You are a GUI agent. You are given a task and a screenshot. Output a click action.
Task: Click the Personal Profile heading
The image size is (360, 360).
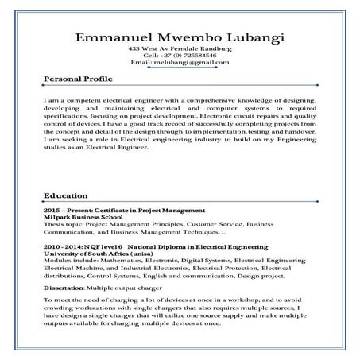pos(76,79)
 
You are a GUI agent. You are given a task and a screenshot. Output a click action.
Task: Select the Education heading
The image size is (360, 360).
pos(64,195)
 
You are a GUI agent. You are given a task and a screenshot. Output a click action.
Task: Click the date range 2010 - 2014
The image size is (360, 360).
pos(62,246)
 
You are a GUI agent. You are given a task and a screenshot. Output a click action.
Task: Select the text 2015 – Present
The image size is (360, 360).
pos(66,210)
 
